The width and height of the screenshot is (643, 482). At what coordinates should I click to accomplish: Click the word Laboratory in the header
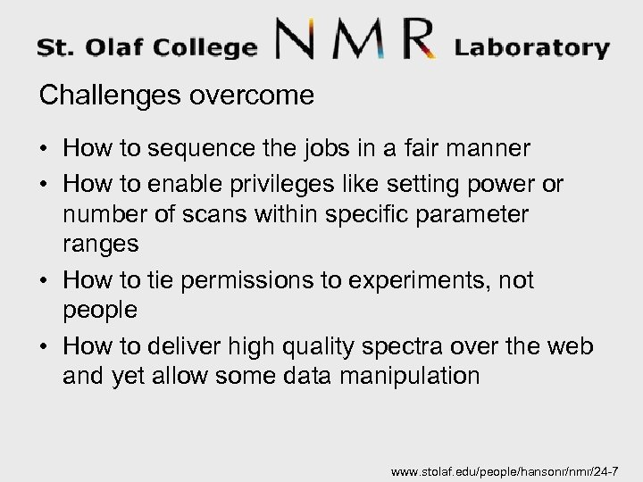click(x=532, y=46)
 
